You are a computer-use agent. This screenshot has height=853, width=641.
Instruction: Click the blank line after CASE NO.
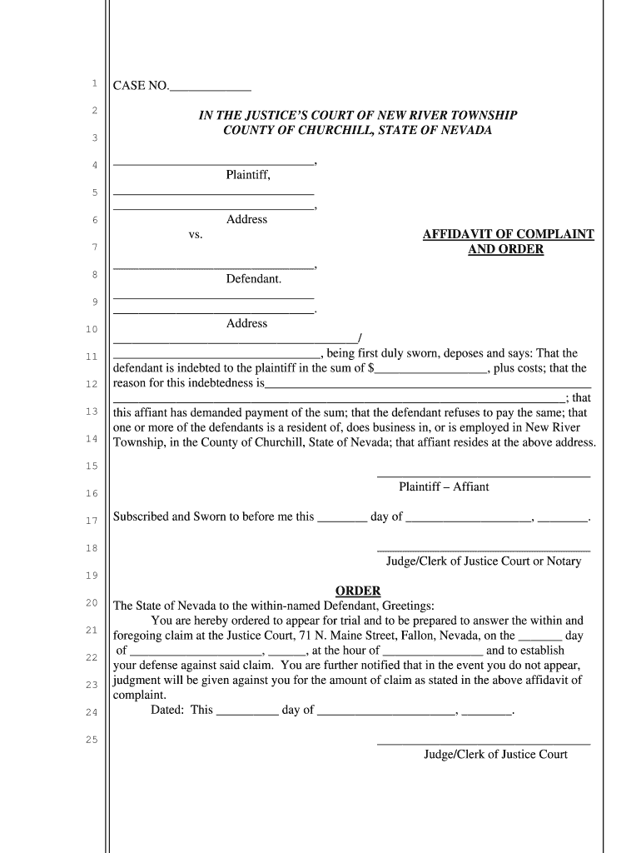pyautogui.click(x=210, y=87)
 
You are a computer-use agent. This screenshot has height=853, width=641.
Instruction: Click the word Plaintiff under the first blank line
pyautogui.click(x=247, y=175)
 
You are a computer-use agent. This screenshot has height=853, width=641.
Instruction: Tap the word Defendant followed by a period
pyautogui.click(x=253, y=278)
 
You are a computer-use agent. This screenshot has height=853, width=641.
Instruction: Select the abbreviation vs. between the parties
pyautogui.click(x=196, y=235)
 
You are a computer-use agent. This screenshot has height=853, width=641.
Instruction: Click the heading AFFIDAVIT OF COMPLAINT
pyautogui.click(x=508, y=235)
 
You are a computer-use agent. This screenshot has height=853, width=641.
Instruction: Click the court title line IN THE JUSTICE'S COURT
pyautogui.click(x=357, y=115)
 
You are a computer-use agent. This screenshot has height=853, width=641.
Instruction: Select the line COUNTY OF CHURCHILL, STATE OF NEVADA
pyautogui.click(x=357, y=130)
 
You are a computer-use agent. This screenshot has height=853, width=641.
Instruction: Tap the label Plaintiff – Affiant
pyautogui.click(x=444, y=486)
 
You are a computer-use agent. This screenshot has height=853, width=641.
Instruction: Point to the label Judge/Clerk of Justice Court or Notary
pyautogui.click(x=484, y=561)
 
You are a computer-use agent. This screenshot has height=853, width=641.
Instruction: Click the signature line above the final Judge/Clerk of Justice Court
pyautogui.click(x=484, y=743)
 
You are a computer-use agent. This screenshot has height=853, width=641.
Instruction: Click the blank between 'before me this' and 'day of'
pyautogui.click(x=342, y=517)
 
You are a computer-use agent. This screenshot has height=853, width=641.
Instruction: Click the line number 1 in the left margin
pyautogui.click(x=94, y=83)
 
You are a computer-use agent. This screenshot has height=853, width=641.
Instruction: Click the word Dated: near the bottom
pyautogui.click(x=169, y=711)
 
